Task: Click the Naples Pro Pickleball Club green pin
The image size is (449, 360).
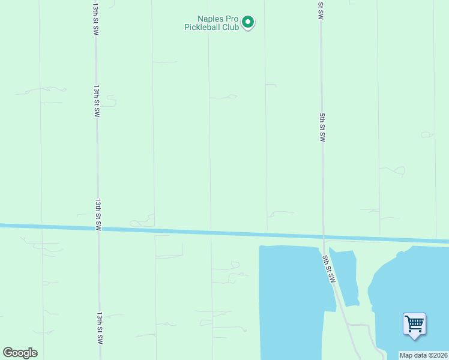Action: tap(248, 23)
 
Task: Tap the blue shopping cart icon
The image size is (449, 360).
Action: tap(414, 324)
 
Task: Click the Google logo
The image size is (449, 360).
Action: tap(20, 353)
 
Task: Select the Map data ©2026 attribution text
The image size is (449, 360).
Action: tap(423, 355)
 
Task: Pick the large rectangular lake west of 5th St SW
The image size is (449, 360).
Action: tap(291, 300)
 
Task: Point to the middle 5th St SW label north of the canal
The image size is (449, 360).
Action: tap(322, 127)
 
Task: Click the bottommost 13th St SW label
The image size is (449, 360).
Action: tap(100, 327)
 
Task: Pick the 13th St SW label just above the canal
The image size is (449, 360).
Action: tap(98, 215)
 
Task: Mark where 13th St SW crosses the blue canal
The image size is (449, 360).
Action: tap(98, 228)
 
